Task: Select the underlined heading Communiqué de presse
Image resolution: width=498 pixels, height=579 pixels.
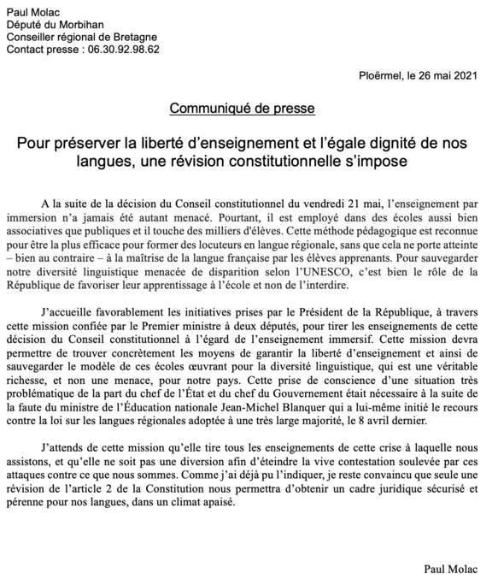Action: tap(243, 109)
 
